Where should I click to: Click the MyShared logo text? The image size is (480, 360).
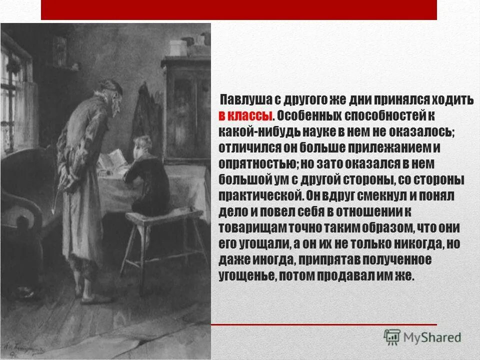pyautogui.click(x=433, y=337)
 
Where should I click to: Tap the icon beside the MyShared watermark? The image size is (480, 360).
pyautogui.click(x=392, y=337)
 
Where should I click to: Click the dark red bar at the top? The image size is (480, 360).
pyautogui.click(x=238, y=9)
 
